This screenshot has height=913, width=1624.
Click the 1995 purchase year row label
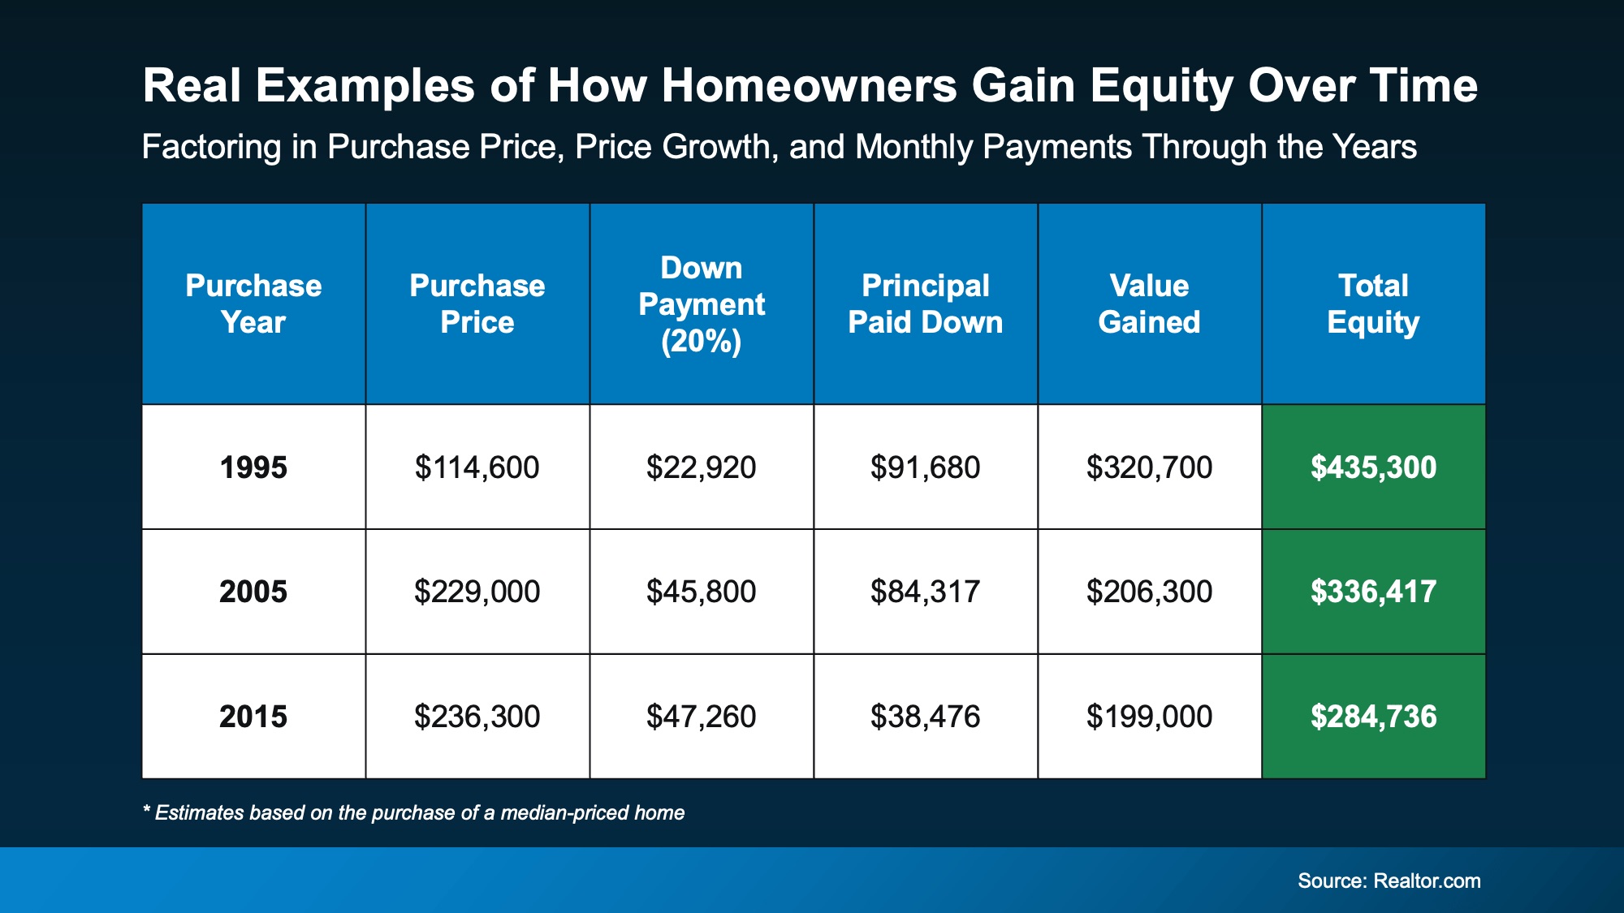[253, 467]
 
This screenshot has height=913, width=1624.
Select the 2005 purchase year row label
[253, 592]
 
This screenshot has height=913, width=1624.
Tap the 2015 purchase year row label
[253, 717]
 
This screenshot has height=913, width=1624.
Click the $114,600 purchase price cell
[477, 467]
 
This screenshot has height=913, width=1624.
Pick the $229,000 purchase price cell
[477, 592]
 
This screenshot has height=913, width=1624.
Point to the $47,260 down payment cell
[702, 717]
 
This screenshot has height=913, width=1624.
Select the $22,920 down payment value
[702, 467]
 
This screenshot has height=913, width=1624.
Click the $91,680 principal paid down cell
[926, 467]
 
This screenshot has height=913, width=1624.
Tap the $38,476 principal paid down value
[926, 717]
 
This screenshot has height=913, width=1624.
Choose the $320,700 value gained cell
[1150, 467]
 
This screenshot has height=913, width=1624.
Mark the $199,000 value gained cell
[1150, 717]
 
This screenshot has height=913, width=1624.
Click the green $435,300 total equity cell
[1374, 467]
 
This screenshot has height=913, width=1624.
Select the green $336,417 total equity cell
[1374, 592]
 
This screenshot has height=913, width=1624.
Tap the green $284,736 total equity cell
[1374, 717]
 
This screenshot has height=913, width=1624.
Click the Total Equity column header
[1374, 304]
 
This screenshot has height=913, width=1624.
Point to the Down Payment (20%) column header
[702, 304]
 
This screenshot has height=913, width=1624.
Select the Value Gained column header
[1150, 304]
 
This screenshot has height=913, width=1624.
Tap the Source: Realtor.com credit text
[1389, 881]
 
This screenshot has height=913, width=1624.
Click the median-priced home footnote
[414, 812]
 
